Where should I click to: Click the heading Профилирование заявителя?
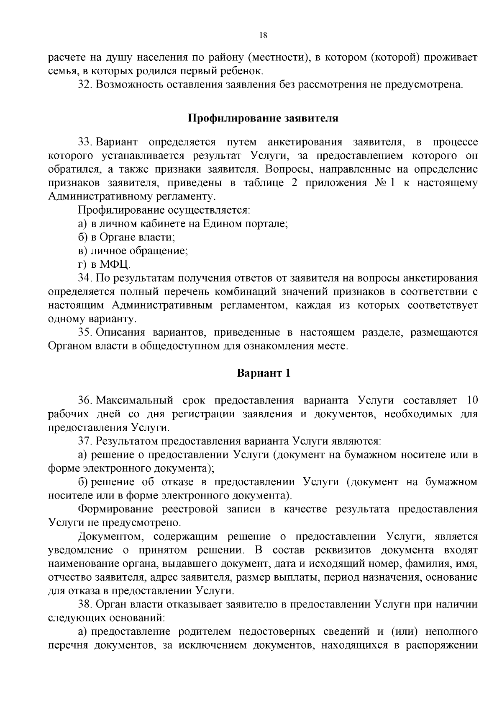coord(263,118)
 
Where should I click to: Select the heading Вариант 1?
coord(264,373)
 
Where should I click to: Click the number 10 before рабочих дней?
coord(471,401)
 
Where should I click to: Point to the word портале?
coord(268,224)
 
